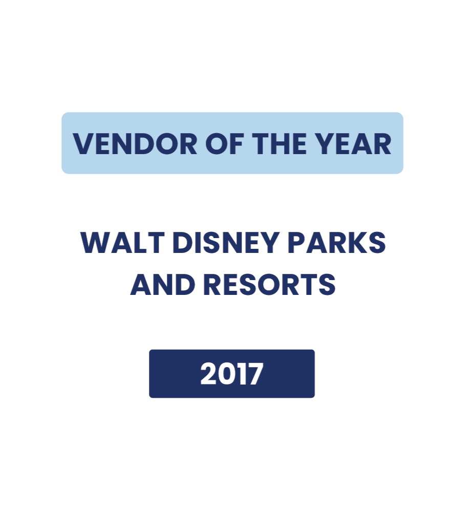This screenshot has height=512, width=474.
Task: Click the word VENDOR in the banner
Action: [x=135, y=144]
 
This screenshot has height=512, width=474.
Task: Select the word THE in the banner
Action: [x=279, y=144]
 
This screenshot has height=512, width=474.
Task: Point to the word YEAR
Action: [x=354, y=144]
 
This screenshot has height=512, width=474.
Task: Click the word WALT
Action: [x=122, y=242]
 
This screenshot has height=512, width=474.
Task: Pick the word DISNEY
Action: [x=226, y=242]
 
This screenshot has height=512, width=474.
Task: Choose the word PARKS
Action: [x=337, y=242]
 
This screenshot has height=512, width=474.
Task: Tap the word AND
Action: [x=163, y=284]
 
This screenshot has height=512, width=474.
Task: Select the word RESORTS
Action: [x=270, y=284]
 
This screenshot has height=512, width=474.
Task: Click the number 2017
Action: [x=231, y=374]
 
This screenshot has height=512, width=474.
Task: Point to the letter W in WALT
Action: [x=95, y=242]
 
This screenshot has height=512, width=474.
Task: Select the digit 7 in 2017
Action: [x=254, y=374]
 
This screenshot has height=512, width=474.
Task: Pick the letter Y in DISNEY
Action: [x=269, y=242]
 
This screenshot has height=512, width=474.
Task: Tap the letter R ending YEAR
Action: [x=382, y=144]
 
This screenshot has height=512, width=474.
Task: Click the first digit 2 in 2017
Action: [x=208, y=374]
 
